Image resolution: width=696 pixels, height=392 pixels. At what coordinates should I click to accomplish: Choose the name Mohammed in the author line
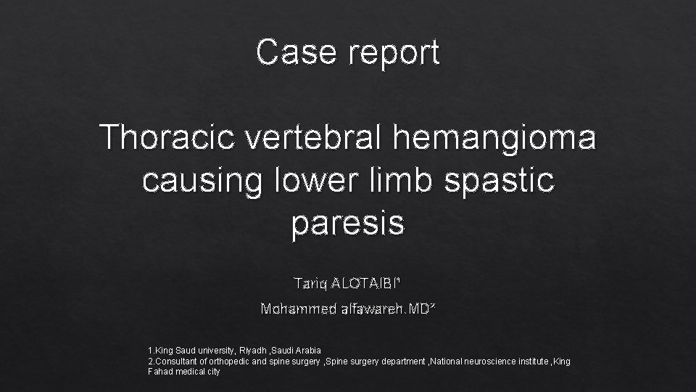coord(297,309)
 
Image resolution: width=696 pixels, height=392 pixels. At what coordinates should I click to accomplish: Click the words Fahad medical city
coord(183,371)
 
